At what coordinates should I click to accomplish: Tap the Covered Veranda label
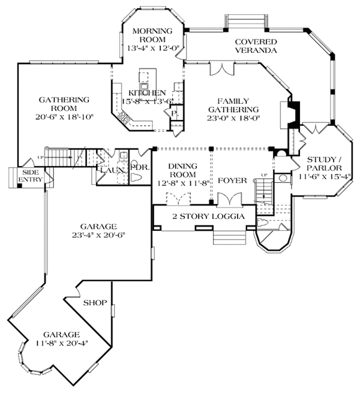256,46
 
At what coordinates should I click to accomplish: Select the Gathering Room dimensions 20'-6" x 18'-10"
65,118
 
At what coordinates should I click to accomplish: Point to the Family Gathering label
233,106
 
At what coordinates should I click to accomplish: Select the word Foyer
232,180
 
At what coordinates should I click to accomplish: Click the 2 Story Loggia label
200,216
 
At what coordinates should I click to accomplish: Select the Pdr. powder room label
139,167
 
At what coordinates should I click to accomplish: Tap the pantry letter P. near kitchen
174,112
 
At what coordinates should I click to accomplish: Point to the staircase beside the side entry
60,158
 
